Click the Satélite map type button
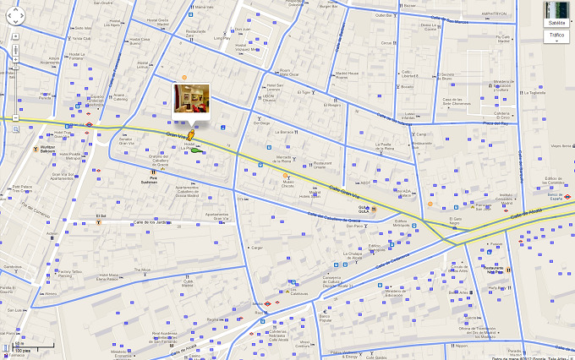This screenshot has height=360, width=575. point(556,23)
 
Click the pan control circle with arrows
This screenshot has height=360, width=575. point(15,15)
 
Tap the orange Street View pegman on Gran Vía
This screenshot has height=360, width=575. point(191,134)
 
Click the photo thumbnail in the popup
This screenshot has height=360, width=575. point(187,98)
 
